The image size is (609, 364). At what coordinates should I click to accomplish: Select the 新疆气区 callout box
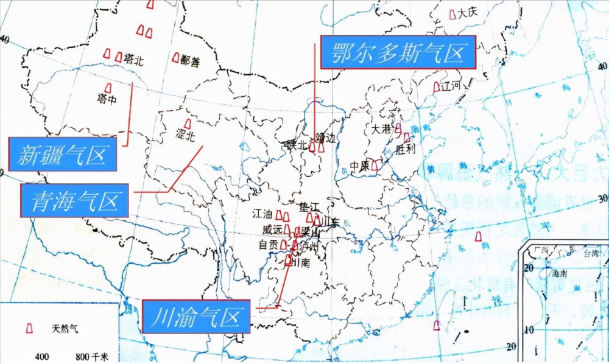coord(62,154)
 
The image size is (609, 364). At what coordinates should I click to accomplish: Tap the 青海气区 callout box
coord(74,200)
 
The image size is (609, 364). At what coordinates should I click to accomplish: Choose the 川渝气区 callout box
coord(196,316)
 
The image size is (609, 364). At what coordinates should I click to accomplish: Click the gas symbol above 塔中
coord(108,88)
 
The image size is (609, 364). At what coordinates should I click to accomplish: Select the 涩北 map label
coord(185,136)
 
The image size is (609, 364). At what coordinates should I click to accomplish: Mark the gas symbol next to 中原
coord(375,165)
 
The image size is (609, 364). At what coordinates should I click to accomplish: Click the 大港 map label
coord(382,129)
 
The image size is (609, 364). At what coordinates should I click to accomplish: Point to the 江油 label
coord(262,215)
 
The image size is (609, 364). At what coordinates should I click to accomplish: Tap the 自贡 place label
coord(268,245)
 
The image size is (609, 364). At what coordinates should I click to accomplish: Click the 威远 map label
coord(272,230)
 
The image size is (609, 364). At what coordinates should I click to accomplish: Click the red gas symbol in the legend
coord(28,328)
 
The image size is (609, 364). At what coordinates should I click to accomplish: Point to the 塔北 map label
coord(133,60)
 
